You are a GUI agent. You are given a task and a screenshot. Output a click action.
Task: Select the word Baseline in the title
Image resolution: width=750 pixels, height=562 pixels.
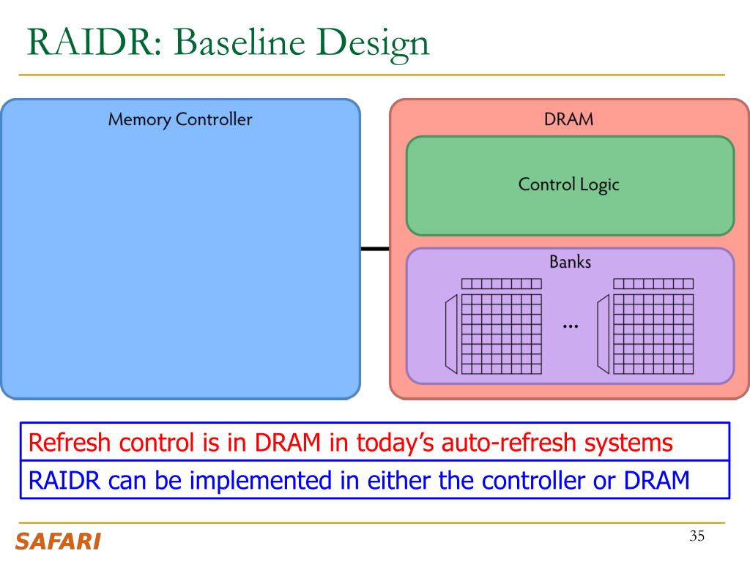click(x=240, y=42)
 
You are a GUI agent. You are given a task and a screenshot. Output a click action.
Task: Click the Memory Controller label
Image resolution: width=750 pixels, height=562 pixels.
click(x=180, y=119)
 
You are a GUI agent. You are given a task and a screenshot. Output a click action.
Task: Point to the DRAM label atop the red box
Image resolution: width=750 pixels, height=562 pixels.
click(x=568, y=119)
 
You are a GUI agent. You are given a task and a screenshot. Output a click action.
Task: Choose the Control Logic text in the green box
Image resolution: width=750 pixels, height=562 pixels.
click(x=568, y=185)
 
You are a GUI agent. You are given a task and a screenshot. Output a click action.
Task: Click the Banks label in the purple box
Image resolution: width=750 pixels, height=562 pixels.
click(x=570, y=262)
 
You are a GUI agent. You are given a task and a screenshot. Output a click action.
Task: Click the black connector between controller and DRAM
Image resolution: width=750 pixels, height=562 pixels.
click(x=375, y=249)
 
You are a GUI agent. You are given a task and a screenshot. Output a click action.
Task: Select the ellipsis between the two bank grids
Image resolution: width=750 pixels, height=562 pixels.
click(x=571, y=327)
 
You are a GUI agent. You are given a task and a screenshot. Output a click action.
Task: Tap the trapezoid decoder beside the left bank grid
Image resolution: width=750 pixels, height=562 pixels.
click(x=451, y=334)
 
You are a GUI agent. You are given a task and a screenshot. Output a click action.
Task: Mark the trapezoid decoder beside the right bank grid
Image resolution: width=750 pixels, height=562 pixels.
click(x=604, y=334)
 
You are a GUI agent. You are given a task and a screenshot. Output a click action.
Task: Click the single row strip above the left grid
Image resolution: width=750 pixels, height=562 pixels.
click(x=502, y=284)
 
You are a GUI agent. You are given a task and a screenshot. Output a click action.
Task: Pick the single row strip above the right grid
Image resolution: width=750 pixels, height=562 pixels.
click(x=653, y=284)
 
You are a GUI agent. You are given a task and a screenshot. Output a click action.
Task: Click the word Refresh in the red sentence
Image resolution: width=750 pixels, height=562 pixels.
click(x=70, y=443)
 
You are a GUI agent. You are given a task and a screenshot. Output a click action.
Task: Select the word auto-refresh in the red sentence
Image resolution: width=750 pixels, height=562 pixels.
click(x=508, y=443)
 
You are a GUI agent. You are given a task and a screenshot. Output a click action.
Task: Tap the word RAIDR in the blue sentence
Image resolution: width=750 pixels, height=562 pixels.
click(x=64, y=480)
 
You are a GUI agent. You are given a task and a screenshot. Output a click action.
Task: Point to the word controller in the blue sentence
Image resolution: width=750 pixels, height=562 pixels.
click(x=533, y=480)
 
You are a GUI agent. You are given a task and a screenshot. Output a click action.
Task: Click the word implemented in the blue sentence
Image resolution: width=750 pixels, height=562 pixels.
click(x=261, y=482)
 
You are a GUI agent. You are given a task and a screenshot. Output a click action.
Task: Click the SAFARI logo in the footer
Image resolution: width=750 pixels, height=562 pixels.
click(x=58, y=542)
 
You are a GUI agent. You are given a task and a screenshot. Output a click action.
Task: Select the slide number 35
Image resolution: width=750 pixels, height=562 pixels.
click(x=697, y=536)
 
